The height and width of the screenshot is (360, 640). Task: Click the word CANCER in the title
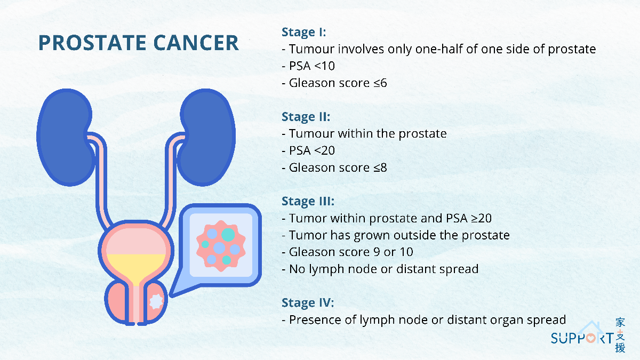coord(196,43)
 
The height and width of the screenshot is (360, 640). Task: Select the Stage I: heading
coord(303,32)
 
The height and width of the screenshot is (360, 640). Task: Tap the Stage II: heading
coord(306,117)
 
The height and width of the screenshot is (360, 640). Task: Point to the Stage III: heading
coord(308,201)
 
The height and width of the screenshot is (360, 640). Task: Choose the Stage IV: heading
coord(308,302)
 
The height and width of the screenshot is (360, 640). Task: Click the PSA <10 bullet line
coord(308,66)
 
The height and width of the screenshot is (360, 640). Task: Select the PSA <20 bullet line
coord(308,150)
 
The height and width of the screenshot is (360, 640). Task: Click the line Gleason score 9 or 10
coord(347,252)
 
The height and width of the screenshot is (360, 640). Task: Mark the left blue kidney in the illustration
coord(65,137)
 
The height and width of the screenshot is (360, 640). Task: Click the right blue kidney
coord(206,137)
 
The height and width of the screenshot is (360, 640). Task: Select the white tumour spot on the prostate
coord(156,301)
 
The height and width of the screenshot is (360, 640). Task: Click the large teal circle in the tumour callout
coord(228,235)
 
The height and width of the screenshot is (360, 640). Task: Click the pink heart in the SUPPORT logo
coord(590,339)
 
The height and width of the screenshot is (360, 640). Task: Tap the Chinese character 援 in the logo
coord(620,348)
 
